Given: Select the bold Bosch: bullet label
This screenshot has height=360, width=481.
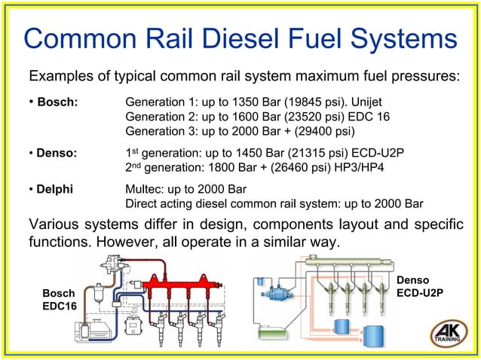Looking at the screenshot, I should [x=57, y=102].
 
